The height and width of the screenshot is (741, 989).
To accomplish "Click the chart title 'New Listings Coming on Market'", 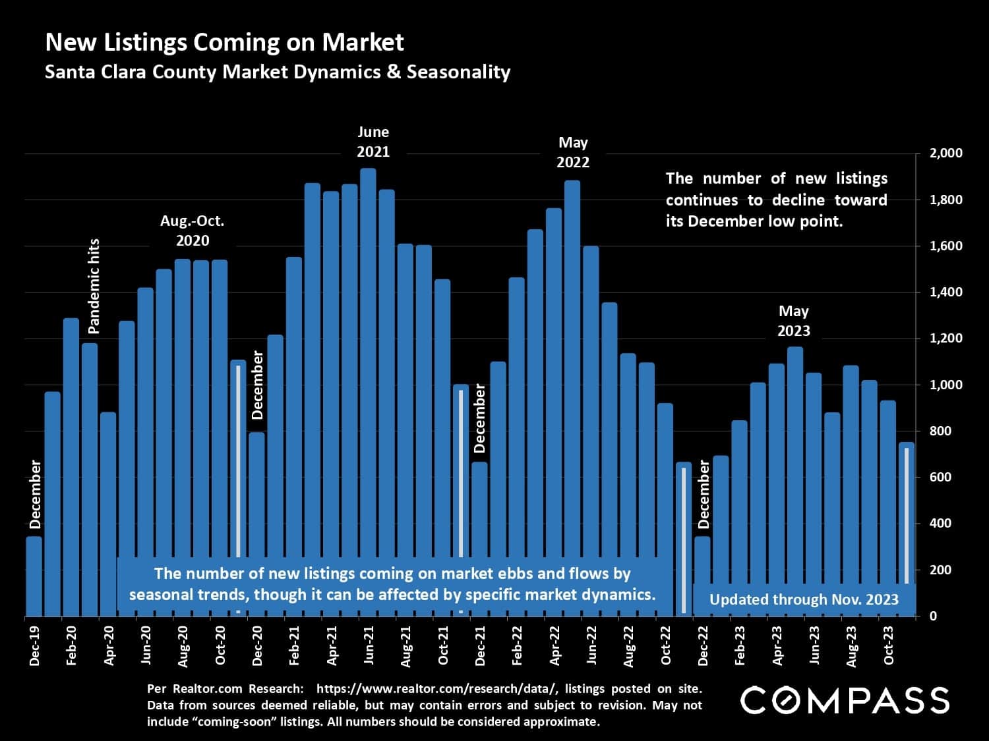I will tap(224, 42).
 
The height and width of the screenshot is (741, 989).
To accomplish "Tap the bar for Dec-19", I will tap(34, 576).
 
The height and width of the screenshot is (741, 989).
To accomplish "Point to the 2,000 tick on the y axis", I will tap(945, 153).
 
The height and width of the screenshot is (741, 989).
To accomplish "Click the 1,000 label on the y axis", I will tap(945, 385).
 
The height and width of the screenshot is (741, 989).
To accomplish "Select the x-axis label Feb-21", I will tap(295, 644).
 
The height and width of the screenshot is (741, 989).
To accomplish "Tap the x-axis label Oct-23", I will tap(888, 644).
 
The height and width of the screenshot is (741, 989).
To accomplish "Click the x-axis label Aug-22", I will tap(628, 644).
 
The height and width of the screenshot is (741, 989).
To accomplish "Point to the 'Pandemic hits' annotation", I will tap(94, 285).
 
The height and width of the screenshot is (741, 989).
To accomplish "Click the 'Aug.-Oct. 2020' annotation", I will tap(193, 231).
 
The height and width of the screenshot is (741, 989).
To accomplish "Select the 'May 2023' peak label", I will tap(794, 320).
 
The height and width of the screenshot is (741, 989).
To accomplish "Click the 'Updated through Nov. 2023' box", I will tap(804, 599).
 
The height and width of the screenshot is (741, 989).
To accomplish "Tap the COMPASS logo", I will tap(845, 700).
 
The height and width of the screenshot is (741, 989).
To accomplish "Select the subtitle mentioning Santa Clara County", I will tap(278, 72).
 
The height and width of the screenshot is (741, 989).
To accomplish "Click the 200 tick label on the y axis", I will tap(945, 570).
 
